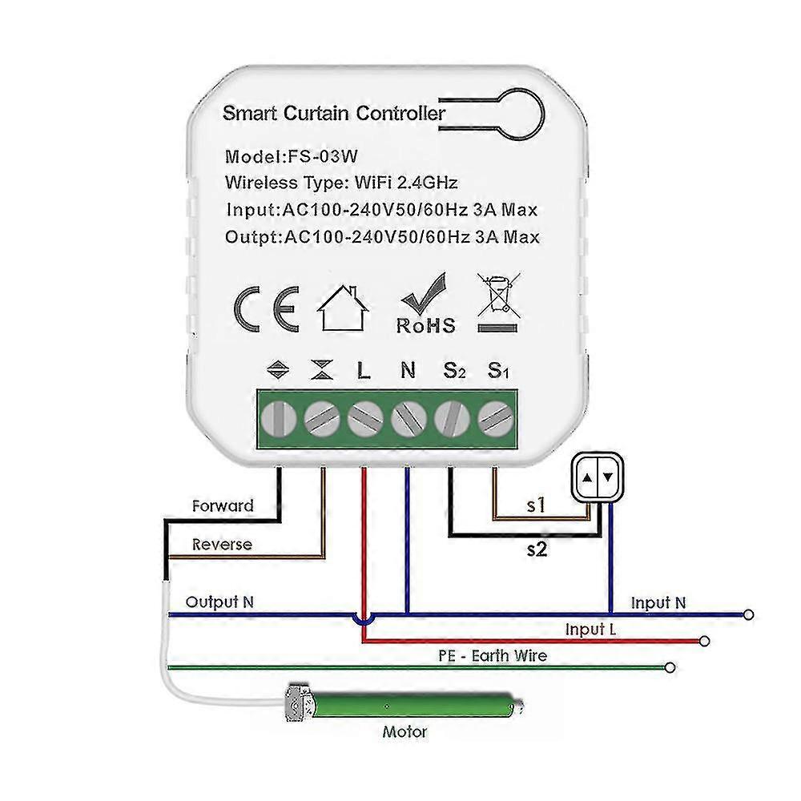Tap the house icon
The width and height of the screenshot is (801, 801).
pos(344,308)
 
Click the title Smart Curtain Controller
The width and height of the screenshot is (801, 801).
pos(333,113)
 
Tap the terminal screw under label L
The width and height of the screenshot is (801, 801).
pos(364,417)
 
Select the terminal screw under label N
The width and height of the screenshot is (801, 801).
pos(408,417)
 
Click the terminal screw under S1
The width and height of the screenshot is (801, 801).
pos(494,417)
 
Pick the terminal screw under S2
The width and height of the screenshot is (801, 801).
pos(451,417)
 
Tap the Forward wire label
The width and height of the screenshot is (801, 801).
pos(223,506)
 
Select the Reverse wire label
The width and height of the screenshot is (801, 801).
pos(222,545)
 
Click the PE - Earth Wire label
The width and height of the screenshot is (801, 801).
pos(493,656)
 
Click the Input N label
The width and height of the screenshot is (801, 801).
pos(658,602)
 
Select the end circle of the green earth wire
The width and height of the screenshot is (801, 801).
pos(670,666)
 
